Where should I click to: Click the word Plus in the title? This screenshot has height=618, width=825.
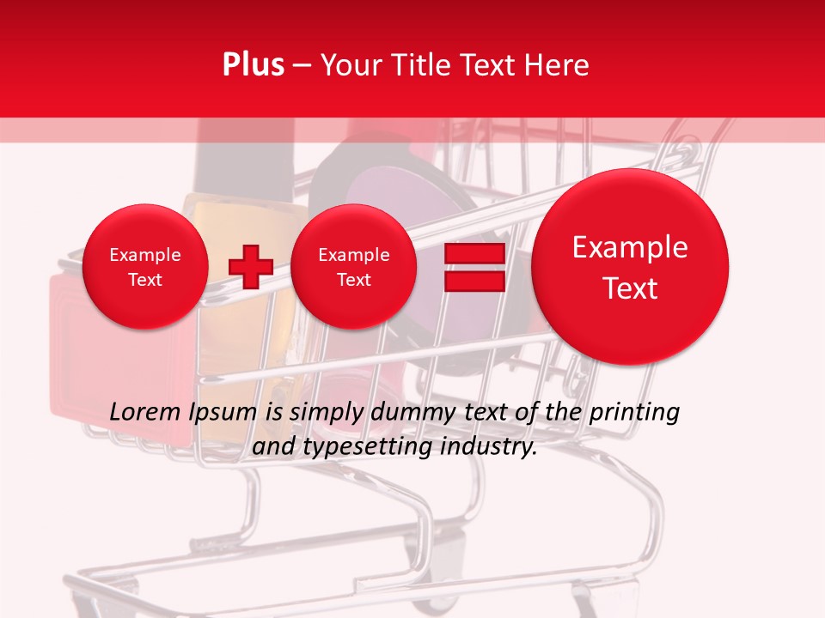point(253,65)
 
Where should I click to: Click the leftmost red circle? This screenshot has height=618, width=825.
point(144,267)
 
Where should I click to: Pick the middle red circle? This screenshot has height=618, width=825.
point(353,267)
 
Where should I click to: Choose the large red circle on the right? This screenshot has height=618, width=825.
point(630,267)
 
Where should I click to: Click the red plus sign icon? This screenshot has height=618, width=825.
point(250,266)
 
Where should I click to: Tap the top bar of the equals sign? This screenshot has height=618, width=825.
point(474,254)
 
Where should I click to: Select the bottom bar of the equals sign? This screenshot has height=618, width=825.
point(474,282)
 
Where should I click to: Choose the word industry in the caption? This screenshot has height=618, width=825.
point(488,447)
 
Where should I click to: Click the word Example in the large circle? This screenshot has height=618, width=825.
point(630,247)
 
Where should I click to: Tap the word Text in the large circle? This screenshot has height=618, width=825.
point(630,288)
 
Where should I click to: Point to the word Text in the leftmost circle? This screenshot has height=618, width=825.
point(144,280)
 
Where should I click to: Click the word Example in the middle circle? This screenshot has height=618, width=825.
point(353,255)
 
